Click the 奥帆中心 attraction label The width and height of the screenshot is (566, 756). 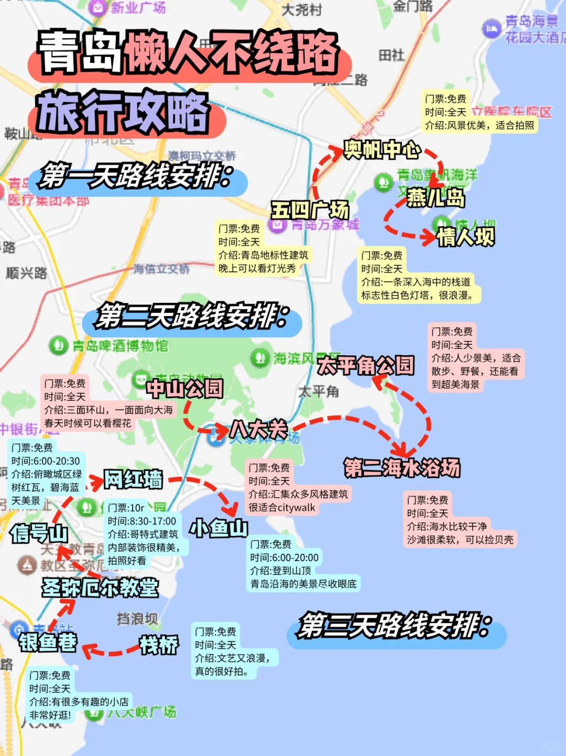tap(382, 150)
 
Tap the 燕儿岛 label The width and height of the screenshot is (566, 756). tap(436, 198)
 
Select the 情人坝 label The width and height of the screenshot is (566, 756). tap(466, 237)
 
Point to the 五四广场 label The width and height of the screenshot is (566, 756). tap(310, 210)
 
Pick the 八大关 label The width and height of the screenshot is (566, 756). tap(259, 430)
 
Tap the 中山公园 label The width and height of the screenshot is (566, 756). tap(184, 388)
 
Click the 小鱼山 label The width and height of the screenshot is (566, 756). tap(219, 528)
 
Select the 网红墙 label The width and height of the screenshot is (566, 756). tap(133, 479)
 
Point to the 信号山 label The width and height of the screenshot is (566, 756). tap(39, 533)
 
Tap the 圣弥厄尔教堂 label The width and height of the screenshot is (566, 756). tap(100, 587)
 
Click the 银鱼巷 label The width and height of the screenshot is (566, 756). tap(48, 642)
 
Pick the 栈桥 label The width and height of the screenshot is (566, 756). tap(159, 645)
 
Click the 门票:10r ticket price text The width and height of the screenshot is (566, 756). tap(126, 508)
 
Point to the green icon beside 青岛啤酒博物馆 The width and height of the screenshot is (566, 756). tap(58, 345)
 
